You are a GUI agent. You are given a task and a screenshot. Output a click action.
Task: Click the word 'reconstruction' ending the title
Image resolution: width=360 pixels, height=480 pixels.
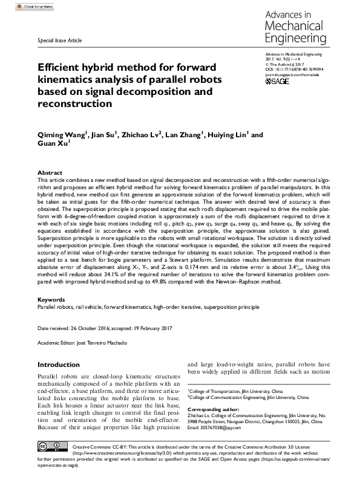[75, 103]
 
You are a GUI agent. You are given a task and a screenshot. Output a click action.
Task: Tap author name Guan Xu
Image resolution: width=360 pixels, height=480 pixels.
[53, 145]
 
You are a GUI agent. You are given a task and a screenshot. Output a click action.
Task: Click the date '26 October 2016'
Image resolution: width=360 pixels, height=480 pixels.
[96, 328]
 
